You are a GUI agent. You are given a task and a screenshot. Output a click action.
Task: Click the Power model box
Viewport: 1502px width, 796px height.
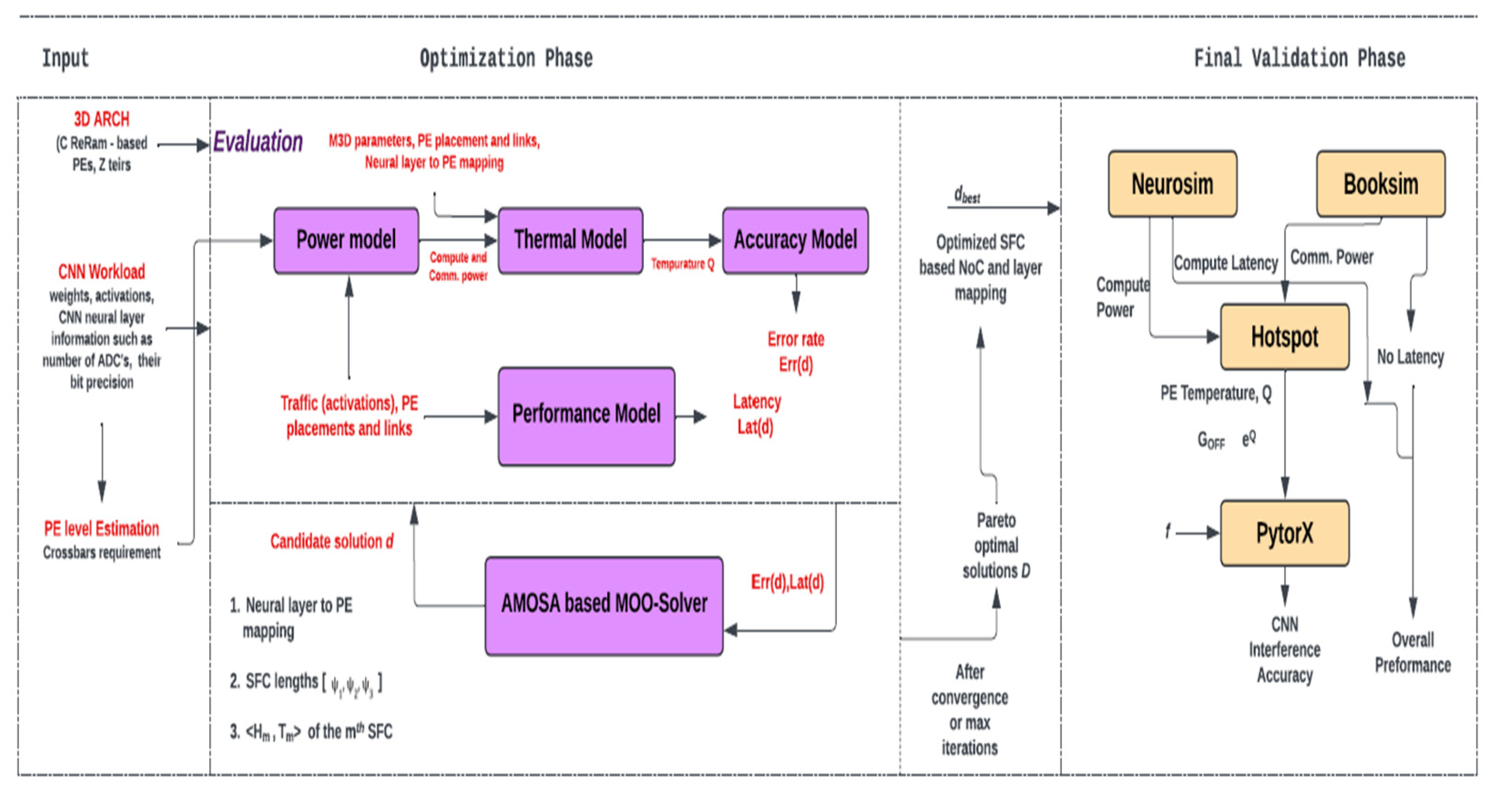[346, 240]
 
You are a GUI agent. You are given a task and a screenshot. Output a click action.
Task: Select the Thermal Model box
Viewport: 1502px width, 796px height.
[570, 240]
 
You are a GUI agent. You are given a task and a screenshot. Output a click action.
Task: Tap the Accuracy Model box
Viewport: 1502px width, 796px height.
[795, 240]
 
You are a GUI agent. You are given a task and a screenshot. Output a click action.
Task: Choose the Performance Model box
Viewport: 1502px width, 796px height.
[586, 415]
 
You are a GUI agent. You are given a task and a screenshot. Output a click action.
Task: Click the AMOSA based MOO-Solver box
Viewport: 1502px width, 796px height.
[604, 605]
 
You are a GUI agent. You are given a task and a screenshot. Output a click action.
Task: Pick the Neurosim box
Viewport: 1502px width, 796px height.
[1172, 184]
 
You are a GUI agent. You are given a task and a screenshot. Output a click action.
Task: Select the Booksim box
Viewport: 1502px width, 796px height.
[1380, 184]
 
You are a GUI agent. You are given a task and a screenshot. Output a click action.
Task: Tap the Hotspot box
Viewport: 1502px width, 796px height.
[1284, 336]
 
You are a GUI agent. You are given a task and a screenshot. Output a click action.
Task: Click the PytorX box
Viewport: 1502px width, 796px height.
[1284, 533]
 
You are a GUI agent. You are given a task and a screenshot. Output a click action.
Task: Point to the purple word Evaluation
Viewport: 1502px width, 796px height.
[257, 142]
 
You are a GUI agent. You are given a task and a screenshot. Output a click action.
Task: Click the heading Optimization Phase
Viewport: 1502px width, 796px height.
[506, 58]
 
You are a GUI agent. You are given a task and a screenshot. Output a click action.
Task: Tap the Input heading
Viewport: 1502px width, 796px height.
[65, 58]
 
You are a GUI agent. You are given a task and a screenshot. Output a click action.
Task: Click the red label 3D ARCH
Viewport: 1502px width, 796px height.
[102, 119]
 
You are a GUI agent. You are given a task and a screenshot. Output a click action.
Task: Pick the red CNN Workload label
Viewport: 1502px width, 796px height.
[102, 272]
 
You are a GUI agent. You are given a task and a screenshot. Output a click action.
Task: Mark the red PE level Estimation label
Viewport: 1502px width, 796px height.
[102, 529]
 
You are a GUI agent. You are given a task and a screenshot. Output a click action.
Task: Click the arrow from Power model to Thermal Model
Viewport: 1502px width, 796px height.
[458, 240]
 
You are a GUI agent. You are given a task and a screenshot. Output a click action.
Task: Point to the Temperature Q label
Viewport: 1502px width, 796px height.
[682, 264]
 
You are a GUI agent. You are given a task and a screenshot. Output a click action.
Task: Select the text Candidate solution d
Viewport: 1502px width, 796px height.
[331, 542]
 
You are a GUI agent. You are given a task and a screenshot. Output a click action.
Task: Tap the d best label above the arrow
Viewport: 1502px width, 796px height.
[967, 195]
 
